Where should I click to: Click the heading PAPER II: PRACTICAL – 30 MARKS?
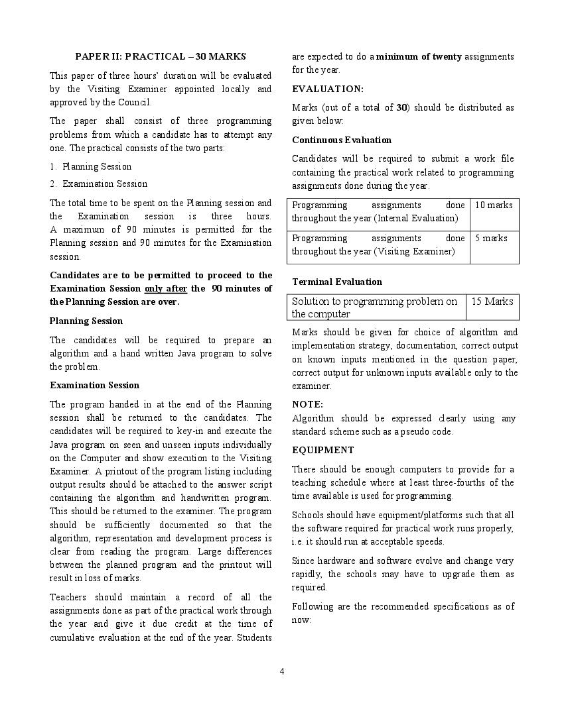[160, 57]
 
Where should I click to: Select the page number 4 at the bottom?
[282, 671]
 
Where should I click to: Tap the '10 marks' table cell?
[494, 205]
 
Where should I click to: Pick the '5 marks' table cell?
[491, 239]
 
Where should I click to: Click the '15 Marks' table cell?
[492, 301]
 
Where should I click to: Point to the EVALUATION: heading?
[328, 89]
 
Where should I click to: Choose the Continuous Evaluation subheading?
[342, 140]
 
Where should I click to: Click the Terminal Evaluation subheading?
[337, 282]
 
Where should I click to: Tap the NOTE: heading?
[307, 404]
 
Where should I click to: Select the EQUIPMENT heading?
[323, 451]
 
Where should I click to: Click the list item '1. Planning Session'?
[91, 166]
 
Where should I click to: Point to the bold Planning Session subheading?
[86, 321]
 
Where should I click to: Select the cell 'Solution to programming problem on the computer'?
[375, 307]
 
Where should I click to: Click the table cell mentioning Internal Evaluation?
[378, 212]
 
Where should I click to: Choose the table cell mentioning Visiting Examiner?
[378, 245]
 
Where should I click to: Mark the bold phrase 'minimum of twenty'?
[419, 57]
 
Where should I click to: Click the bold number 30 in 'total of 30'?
[401, 108]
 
